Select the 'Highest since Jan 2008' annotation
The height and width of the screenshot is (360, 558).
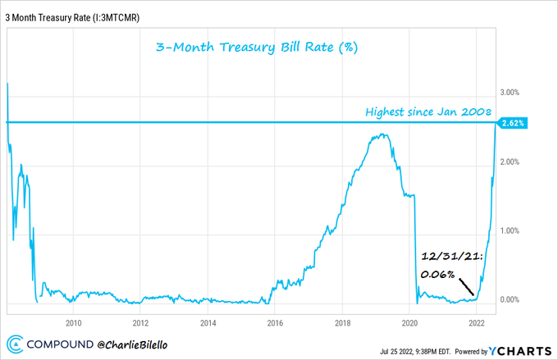[x=428, y=111]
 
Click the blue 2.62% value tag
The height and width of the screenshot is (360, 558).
[x=513, y=123]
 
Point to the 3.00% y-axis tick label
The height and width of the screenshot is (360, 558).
[x=512, y=93]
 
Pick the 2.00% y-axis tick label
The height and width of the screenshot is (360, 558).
[x=512, y=162]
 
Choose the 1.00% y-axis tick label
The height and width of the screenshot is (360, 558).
[x=512, y=230]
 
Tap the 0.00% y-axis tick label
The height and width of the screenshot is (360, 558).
[x=512, y=299]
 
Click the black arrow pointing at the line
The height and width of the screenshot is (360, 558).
[x=466, y=287]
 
